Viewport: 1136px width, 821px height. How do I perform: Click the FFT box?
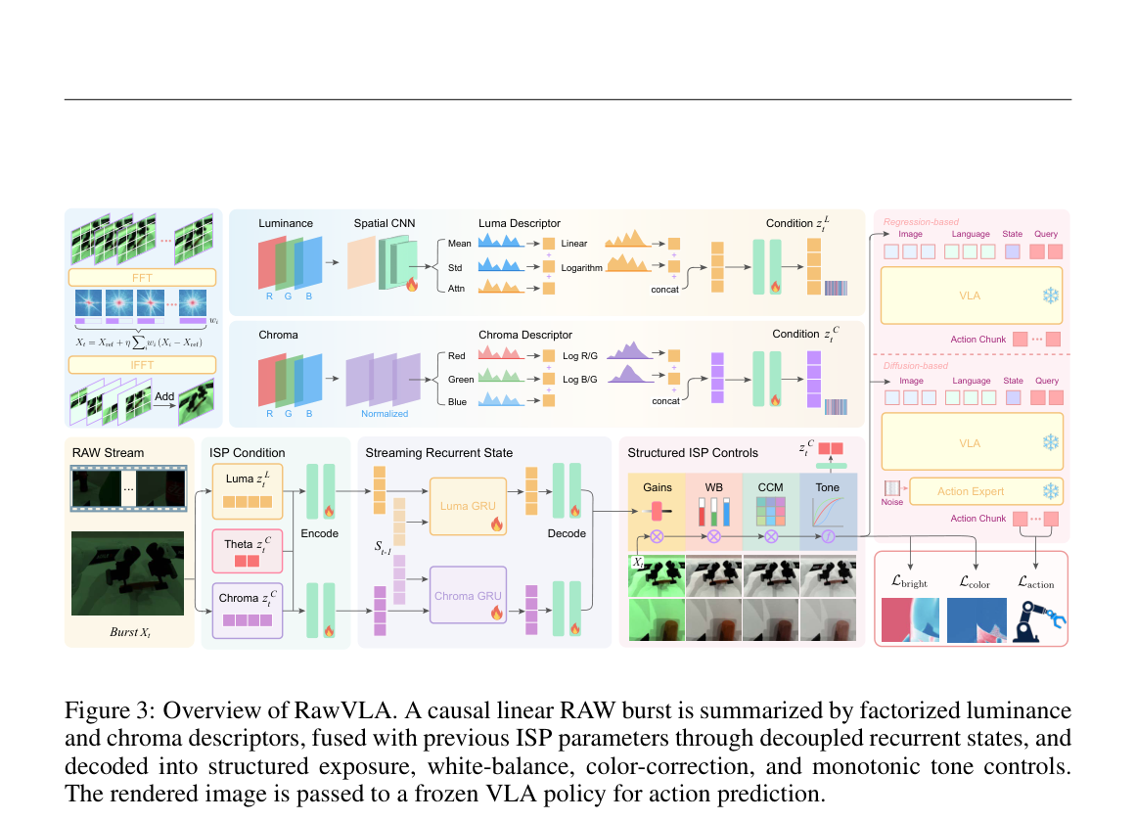click(x=142, y=278)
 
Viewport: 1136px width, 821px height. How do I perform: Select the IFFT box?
click(x=142, y=364)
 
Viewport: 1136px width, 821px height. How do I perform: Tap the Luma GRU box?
click(x=468, y=506)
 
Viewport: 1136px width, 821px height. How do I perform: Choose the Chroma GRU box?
click(x=468, y=595)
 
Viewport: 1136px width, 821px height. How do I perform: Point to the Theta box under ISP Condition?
click(x=247, y=551)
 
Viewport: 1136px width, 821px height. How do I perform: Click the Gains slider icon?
click(x=657, y=511)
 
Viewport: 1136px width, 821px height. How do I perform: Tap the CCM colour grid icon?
click(x=771, y=511)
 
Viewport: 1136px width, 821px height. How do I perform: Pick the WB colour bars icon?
click(x=713, y=512)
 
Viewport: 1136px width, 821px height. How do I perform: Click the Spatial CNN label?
click(x=385, y=223)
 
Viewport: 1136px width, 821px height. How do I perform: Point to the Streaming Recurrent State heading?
click(x=439, y=453)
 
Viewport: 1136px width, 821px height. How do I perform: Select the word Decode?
click(x=567, y=533)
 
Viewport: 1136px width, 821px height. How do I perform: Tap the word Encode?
click(x=320, y=533)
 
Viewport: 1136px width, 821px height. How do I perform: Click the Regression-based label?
click(x=921, y=222)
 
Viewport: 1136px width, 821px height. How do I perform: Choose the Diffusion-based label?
click(x=916, y=366)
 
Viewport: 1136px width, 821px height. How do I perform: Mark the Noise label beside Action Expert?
click(x=891, y=502)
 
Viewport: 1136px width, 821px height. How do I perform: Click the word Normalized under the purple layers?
click(x=385, y=414)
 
